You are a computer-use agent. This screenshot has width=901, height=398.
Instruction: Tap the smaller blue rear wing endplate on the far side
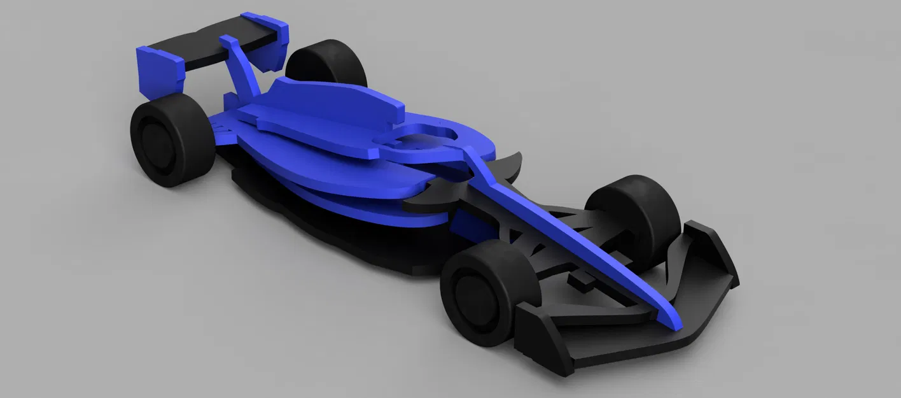point(277,45)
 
